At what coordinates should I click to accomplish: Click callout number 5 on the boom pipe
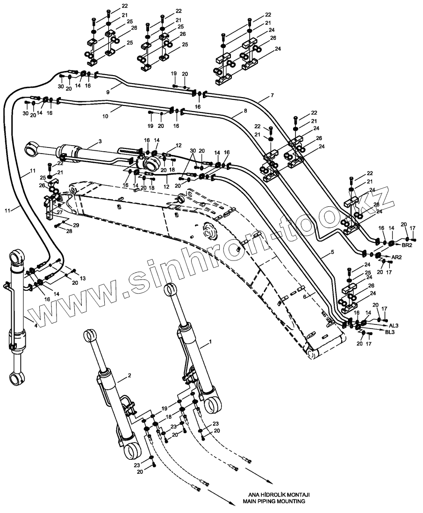[x=332, y=253]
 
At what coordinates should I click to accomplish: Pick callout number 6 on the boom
[x=304, y=296]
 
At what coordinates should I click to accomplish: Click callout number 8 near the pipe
[x=245, y=111]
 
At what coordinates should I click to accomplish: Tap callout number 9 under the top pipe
[x=108, y=92]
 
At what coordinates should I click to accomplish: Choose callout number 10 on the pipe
[x=106, y=115]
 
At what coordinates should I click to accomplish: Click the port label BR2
[x=407, y=245]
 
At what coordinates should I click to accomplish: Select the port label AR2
[x=396, y=257]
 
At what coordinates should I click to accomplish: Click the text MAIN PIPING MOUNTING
[x=273, y=501]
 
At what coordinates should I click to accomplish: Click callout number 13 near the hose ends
[x=83, y=278]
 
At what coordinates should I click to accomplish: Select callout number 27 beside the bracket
[x=59, y=211]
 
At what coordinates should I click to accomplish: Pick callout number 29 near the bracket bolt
[x=76, y=225]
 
